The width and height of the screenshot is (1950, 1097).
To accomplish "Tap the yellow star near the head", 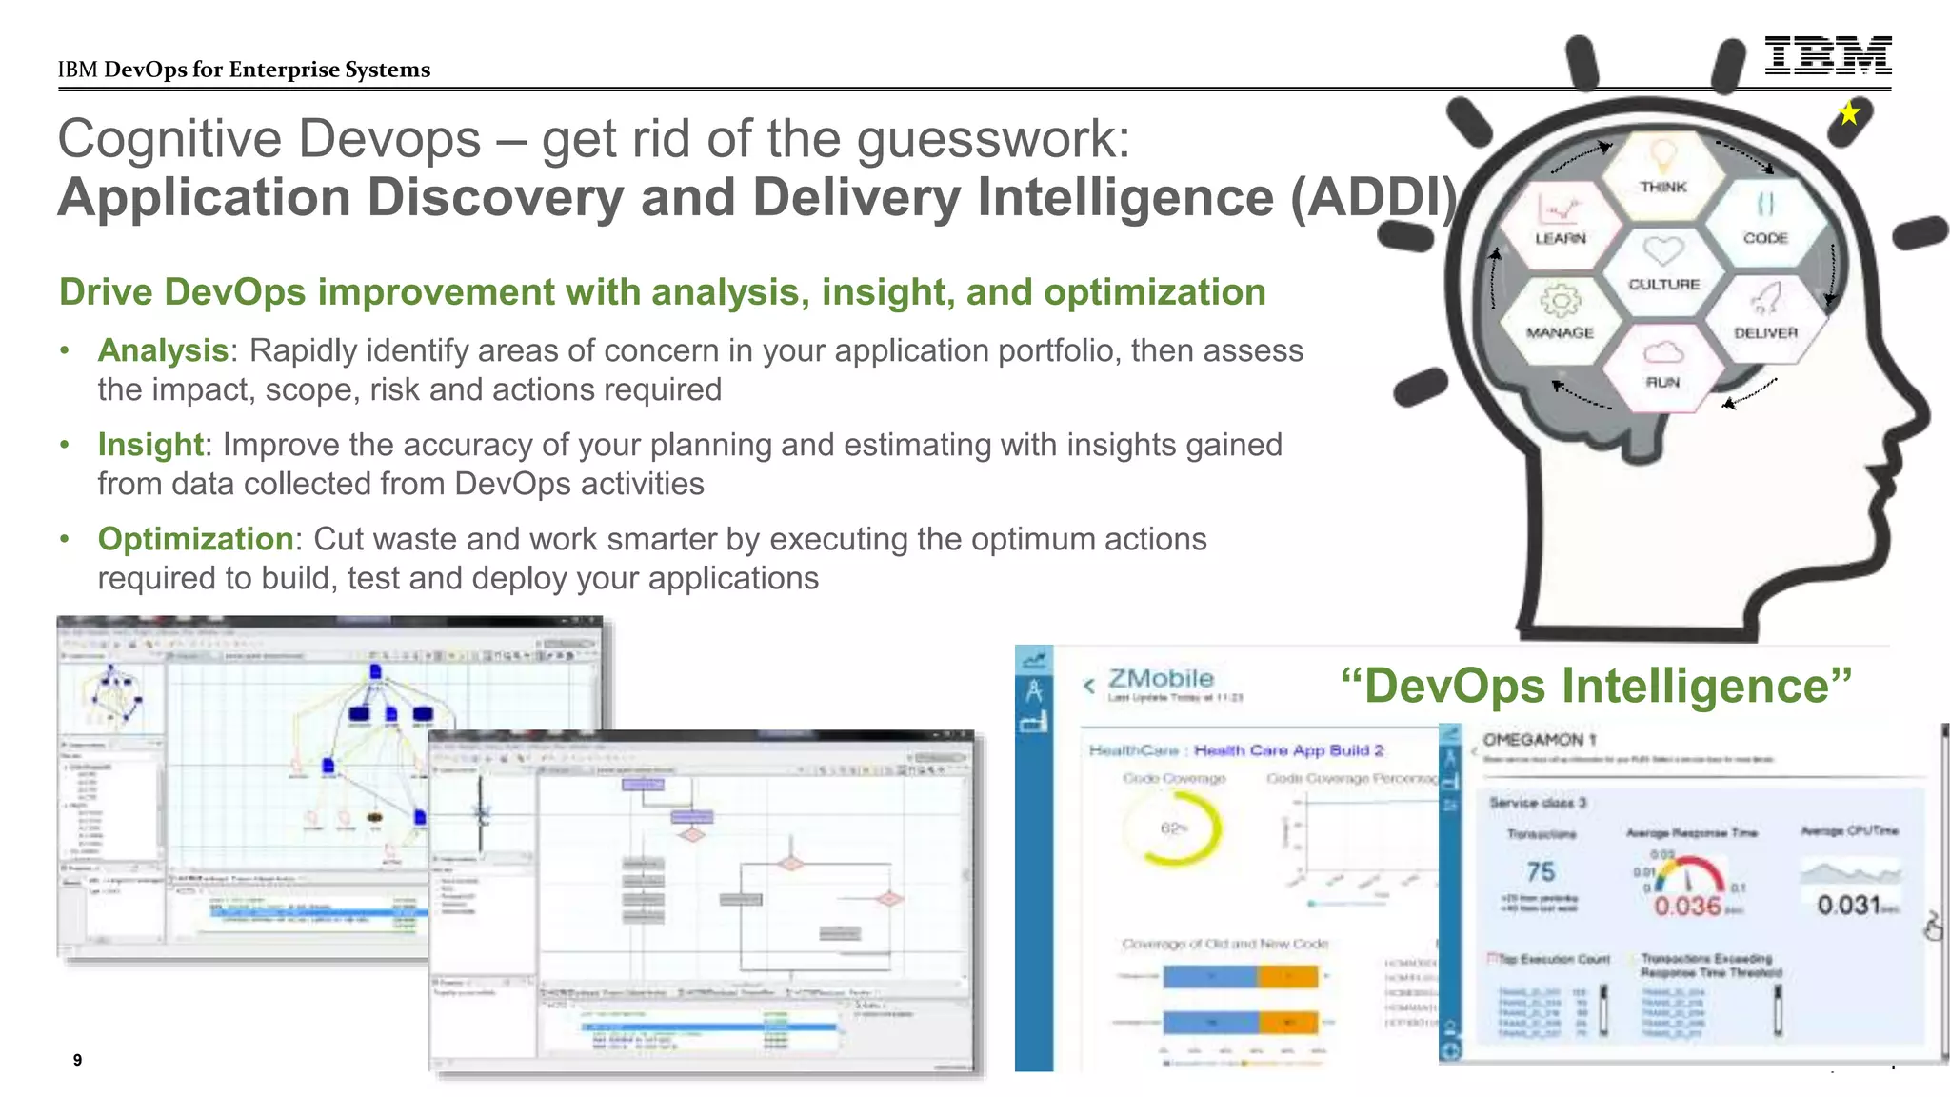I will pos(1849,113).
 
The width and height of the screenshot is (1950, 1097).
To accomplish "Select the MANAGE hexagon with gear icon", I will pos(1560,313).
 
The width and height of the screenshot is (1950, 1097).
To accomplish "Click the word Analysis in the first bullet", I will pos(163,350).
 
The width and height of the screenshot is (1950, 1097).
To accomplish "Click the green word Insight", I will pos(150,445).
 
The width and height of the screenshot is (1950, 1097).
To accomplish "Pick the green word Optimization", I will pos(195,539).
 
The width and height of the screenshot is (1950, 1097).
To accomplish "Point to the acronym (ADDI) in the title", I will pos(1373,197).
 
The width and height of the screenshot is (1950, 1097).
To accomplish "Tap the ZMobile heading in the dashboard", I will pos(1161,679).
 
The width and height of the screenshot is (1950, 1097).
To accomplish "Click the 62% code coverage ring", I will pos(1175,828).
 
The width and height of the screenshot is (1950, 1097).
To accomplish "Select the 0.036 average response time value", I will pos(1686,905).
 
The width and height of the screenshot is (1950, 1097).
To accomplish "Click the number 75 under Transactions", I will pos(1540,871).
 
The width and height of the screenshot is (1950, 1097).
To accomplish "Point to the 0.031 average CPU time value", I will pos(1848,905).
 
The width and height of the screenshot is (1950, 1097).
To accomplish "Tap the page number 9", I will pos(77,1060).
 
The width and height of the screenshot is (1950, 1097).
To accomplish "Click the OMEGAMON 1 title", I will pos(1539,740).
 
